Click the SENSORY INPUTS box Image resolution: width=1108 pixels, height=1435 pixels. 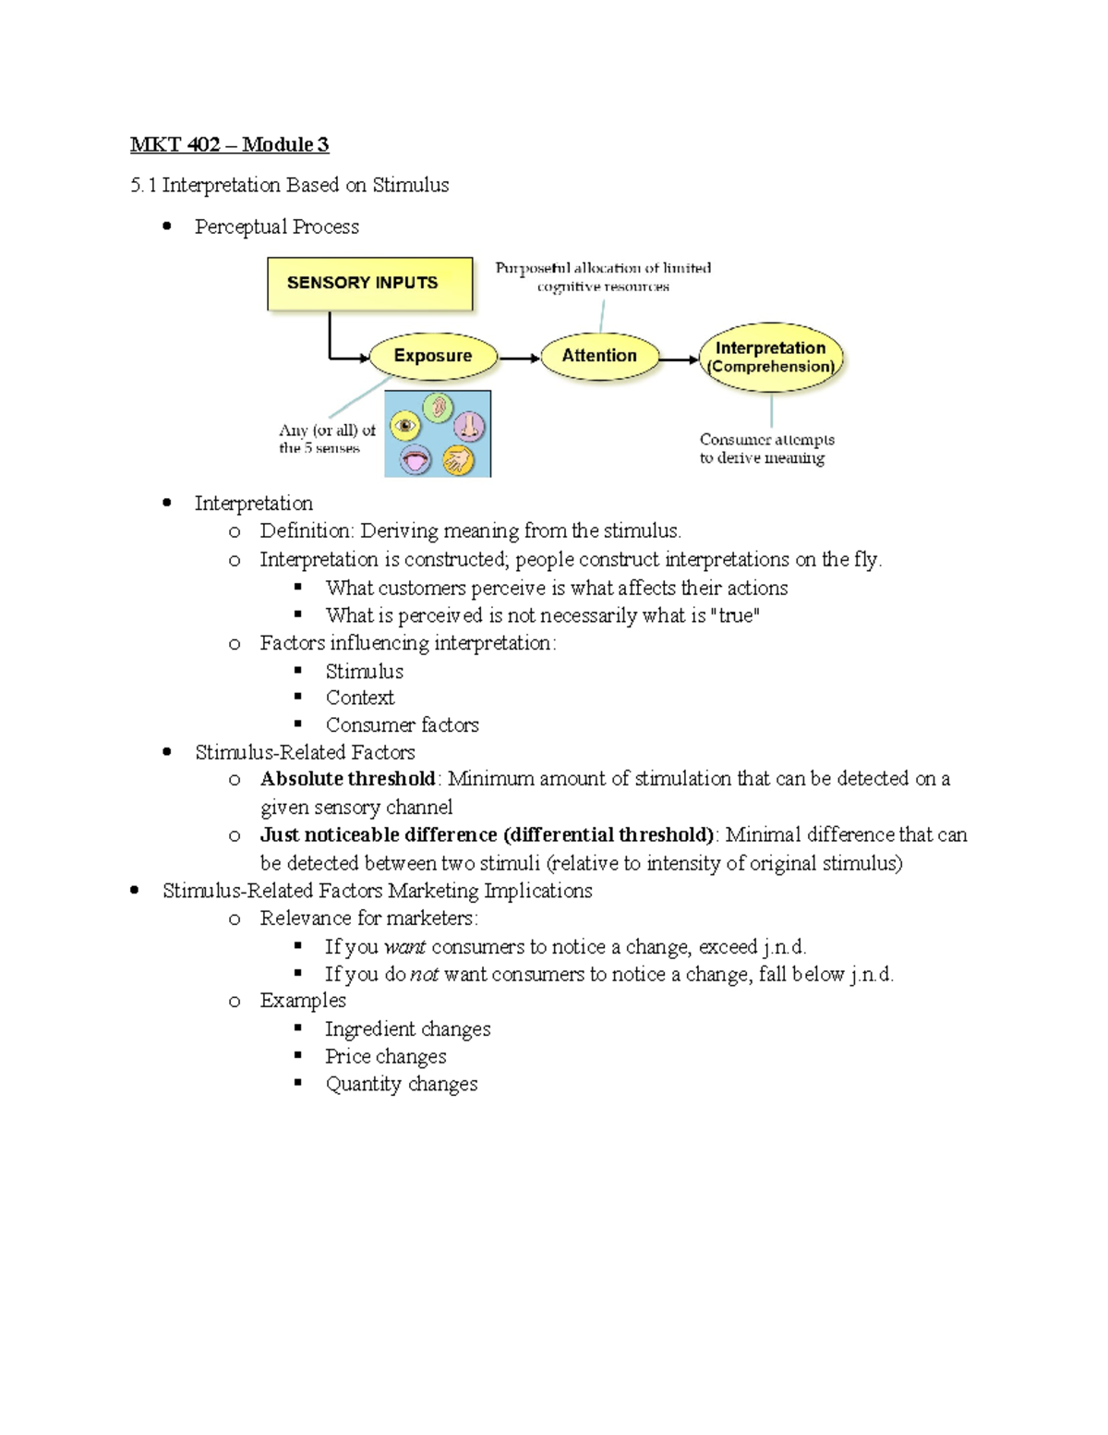click(x=369, y=284)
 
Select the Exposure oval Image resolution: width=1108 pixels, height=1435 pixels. click(x=433, y=356)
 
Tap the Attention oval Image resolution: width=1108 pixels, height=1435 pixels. click(x=599, y=356)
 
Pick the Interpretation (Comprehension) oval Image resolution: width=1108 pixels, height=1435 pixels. click(x=771, y=357)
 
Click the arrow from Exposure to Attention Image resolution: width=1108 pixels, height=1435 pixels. click(x=519, y=358)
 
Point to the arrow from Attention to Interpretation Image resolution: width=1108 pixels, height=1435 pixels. click(x=680, y=359)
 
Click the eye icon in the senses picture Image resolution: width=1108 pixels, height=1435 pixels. click(x=405, y=426)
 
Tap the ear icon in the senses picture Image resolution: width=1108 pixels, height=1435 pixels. click(x=439, y=407)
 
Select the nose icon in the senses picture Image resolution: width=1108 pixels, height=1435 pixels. click(x=469, y=426)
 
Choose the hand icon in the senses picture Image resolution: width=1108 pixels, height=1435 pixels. click(x=457, y=459)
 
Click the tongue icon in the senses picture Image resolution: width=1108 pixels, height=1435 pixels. click(x=415, y=459)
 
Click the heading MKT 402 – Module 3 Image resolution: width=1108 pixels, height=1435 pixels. click(x=229, y=144)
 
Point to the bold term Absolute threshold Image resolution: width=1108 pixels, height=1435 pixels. click(x=347, y=779)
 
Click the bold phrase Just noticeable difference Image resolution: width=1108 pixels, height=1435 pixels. click(x=379, y=835)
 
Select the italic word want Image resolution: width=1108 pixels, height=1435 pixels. click(x=404, y=947)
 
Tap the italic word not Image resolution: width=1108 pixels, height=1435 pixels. click(x=424, y=975)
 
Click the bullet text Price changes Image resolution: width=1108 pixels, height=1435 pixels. click(x=385, y=1056)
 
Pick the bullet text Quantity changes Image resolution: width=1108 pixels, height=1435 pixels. click(x=401, y=1084)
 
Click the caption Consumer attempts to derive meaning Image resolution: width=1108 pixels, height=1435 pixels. click(x=765, y=448)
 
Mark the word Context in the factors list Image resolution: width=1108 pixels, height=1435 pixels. click(x=359, y=698)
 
